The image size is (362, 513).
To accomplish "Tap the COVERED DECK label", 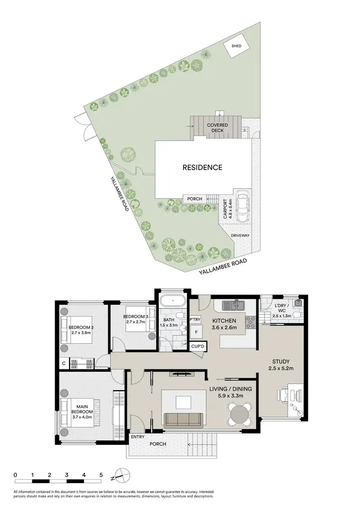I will pos(217,128).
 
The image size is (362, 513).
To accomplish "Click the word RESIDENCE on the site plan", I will pos(202,168).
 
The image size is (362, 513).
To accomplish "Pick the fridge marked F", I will pos(195,332).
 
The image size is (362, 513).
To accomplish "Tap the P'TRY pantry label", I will pos(195,320).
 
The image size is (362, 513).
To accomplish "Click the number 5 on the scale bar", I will pos(101,475).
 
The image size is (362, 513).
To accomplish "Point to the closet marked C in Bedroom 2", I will pos(64,363).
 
